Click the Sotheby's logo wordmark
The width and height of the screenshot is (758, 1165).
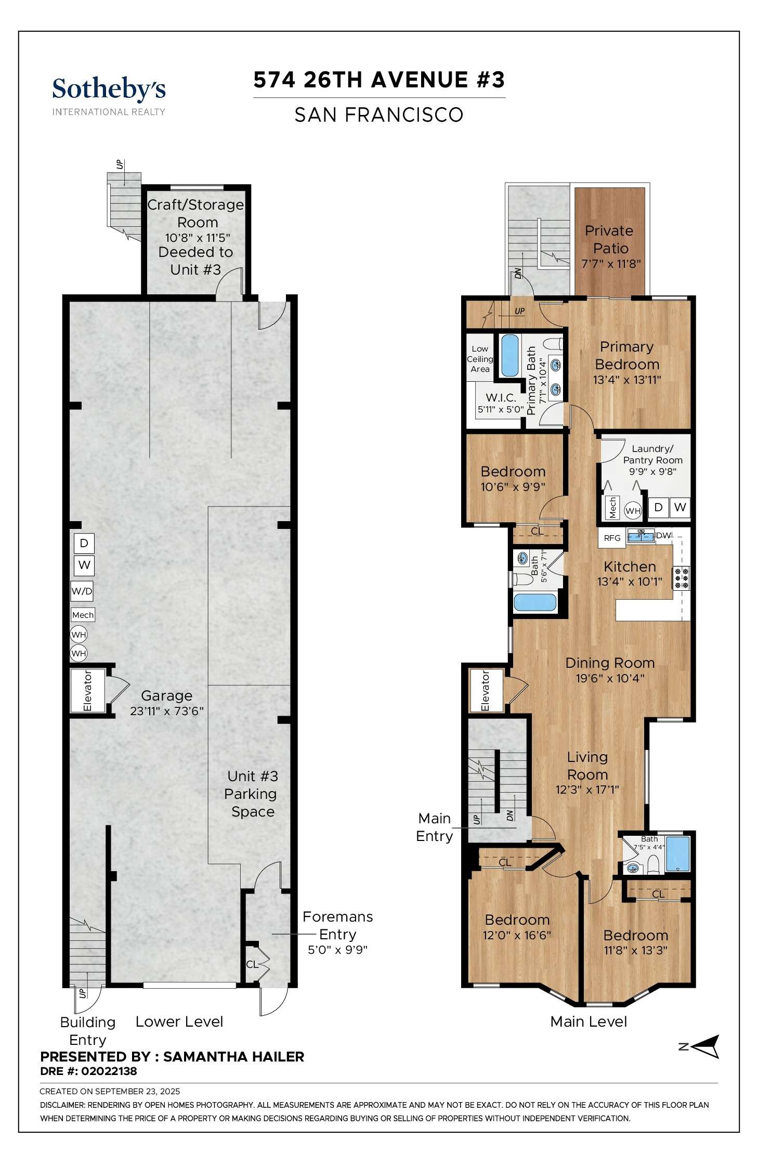109,89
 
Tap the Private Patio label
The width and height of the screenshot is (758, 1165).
610,239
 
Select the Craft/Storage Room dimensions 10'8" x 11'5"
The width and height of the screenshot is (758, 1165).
197,238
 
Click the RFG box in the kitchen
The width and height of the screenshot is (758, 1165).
612,538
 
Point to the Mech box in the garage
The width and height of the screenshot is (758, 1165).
83,615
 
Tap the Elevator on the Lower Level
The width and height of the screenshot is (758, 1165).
87,691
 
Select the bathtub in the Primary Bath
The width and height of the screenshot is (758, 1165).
509,356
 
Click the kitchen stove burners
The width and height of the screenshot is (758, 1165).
681,578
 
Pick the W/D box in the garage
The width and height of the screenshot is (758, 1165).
82,591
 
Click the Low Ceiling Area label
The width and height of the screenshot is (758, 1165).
480,359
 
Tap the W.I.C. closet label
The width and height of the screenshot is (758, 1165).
501,398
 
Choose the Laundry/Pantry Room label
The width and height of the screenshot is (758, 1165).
652,454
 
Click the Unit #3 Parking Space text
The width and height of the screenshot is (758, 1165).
252,794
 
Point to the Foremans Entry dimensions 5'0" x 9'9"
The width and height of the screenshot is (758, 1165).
337,950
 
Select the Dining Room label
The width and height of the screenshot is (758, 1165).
610,663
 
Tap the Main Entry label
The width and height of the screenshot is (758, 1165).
435,827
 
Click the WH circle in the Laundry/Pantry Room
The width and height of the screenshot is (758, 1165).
633,511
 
